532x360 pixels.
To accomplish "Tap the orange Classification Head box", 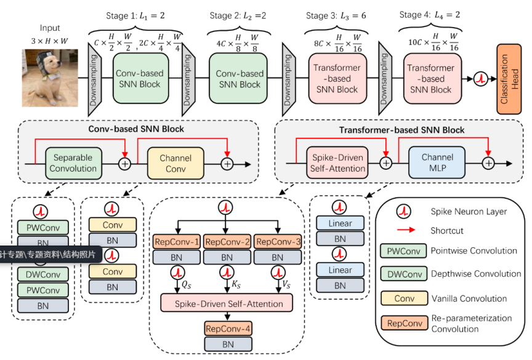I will click(509, 78).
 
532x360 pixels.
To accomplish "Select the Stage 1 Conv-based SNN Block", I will click(140, 79).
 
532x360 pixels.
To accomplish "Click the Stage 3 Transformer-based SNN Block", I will click(337, 79).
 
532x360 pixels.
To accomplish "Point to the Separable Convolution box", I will click(73, 163).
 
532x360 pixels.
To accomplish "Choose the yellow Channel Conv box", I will click(175, 163).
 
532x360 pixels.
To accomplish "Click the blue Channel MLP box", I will click(437, 163).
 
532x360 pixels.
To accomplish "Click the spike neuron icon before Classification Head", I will click(480, 79).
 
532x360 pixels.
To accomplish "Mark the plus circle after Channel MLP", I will click(488, 163).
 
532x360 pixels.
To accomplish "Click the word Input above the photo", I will click(50, 28).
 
